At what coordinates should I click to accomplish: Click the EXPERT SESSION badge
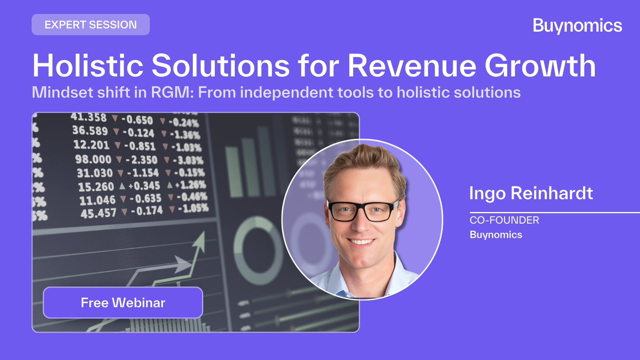pos(91,25)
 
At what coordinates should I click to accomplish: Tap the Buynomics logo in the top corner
pos(577,26)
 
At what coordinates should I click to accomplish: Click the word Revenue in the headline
pos(412,66)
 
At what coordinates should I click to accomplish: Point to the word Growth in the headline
pos(540,66)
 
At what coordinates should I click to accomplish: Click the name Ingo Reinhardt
pos(531,194)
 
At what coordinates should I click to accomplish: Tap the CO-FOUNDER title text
pos(504,220)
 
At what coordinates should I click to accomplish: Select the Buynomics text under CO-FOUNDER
pos(496,235)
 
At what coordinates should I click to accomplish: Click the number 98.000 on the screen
pos(93,160)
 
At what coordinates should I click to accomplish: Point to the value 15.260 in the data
pos(96,187)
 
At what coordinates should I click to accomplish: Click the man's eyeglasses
pos(362,211)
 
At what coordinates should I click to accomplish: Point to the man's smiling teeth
pos(361,241)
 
